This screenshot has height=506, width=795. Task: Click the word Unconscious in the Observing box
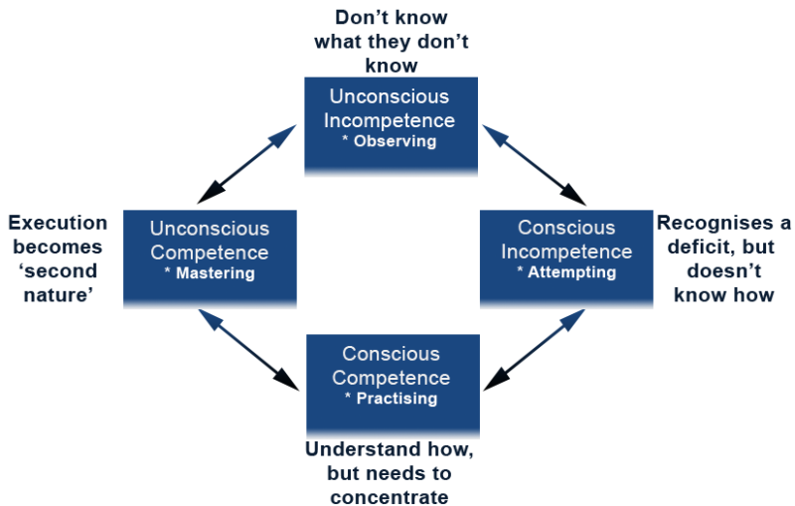point(390,97)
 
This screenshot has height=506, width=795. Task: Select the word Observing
point(395,141)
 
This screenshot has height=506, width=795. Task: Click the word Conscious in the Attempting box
point(566,229)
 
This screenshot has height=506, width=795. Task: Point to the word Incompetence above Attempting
point(566,252)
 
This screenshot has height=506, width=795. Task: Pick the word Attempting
point(570,272)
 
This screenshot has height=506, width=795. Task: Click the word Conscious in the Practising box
point(391,354)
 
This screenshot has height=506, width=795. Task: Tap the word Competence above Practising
point(391,378)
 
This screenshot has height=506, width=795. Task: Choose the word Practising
point(395,399)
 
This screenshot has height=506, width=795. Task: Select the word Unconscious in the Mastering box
point(209,229)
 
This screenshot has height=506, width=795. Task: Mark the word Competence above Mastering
point(209,253)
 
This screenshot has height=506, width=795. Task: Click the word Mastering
point(214,273)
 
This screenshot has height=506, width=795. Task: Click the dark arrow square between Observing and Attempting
point(534,164)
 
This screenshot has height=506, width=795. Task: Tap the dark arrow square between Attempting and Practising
point(534,351)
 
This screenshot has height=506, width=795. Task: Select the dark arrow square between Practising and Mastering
point(247,351)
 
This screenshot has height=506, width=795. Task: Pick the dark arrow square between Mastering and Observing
point(247,164)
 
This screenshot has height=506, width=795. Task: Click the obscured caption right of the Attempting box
point(724,257)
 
